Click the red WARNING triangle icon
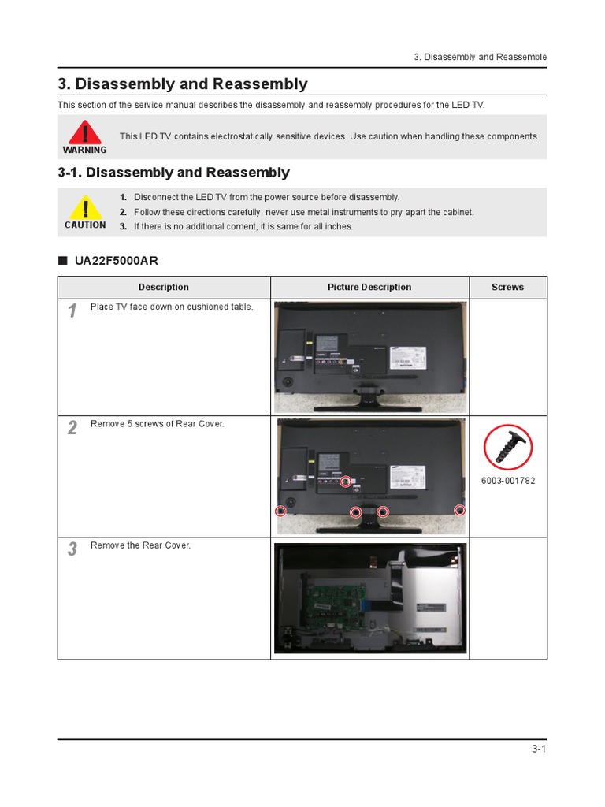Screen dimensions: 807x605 (84, 132)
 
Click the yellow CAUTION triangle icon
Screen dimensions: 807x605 (85, 209)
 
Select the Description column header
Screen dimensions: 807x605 (164, 288)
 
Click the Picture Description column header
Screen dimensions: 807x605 (369, 288)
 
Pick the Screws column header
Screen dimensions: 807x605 (507, 288)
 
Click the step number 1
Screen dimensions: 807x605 (72, 311)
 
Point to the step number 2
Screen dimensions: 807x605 (72, 428)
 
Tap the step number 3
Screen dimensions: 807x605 (72, 549)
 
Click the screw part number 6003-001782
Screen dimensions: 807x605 (508, 481)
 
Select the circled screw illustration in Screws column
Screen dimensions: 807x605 (508, 447)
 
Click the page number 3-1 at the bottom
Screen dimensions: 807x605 (539, 749)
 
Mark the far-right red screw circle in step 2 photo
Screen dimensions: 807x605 (461, 510)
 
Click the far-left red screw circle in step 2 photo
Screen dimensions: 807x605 (280, 511)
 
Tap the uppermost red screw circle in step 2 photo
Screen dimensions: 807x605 (345, 482)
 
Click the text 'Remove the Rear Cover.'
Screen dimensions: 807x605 (140, 545)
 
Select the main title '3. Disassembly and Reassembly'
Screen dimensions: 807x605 (183, 84)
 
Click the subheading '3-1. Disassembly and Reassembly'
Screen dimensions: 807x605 (174, 173)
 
